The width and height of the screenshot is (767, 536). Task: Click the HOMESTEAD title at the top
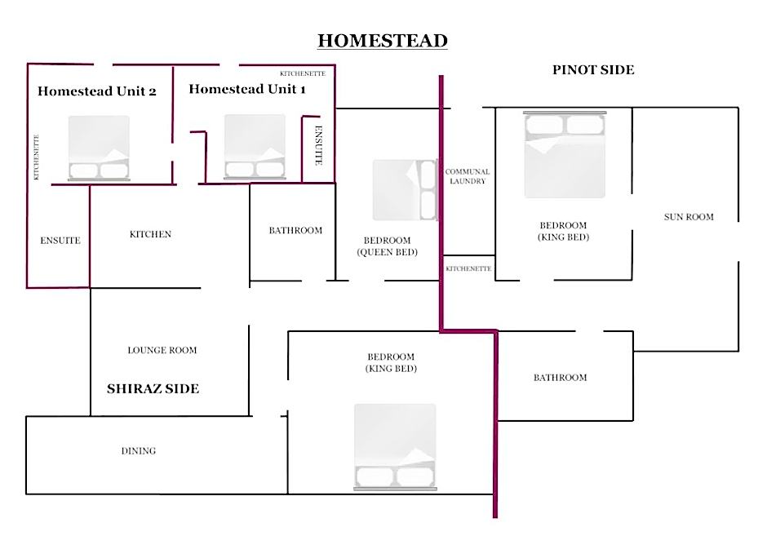click(x=383, y=41)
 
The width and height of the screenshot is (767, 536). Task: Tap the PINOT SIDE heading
click(x=593, y=70)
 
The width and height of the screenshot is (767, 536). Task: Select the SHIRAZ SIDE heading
click(x=153, y=389)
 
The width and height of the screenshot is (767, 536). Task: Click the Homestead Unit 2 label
click(x=97, y=91)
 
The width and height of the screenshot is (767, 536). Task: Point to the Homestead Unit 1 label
click(x=247, y=89)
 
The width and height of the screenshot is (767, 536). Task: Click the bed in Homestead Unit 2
click(x=99, y=148)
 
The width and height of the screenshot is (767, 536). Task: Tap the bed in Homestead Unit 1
click(x=255, y=147)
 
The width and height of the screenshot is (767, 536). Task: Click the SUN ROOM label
click(x=689, y=217)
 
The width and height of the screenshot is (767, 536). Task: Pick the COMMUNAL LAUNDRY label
click(x=468, y=176)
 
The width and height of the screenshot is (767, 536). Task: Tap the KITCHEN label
click(x=150, y=234)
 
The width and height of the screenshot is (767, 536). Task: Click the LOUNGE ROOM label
click(x=162, y=350)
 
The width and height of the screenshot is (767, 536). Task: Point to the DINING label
click(x=139, y=451)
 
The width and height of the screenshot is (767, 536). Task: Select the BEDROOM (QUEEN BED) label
click(x=387, y=246)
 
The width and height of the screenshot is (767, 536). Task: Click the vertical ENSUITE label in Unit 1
click(x=318, y=146)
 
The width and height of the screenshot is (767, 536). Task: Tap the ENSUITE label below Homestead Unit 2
click(x=60, y=241)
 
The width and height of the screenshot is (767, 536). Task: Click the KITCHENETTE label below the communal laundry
click(x=468, y=268)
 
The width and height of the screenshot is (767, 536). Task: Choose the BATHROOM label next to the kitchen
click(x=295, y=230)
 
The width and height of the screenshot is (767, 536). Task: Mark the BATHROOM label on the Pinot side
click(x=560, y=378)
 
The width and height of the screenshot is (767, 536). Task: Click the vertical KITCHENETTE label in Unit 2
click(x=36, y=157)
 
